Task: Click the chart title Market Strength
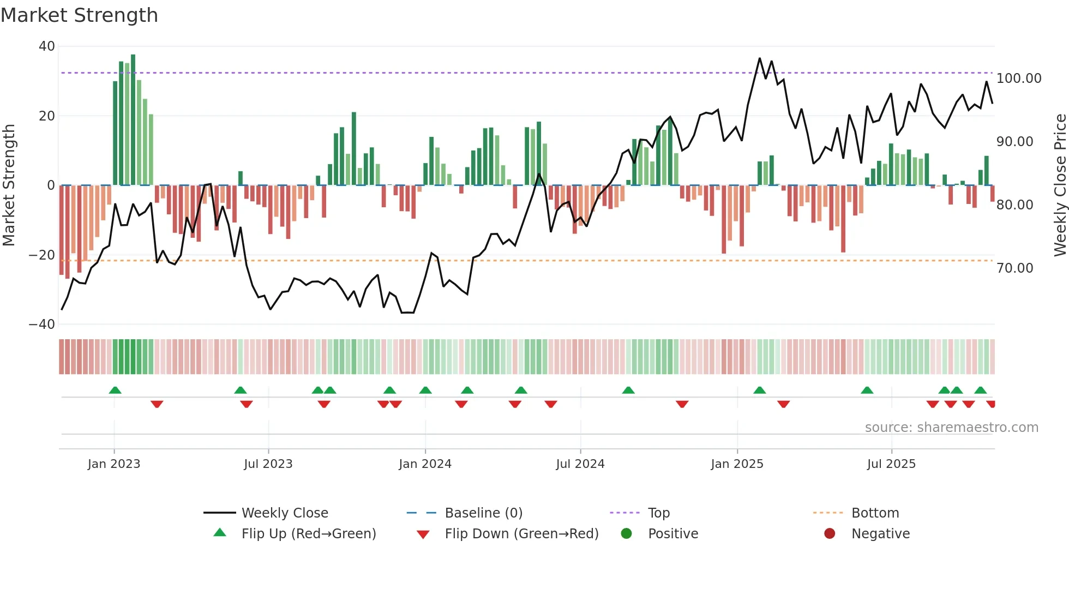pos(79,15)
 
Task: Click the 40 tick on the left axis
pos(46,46)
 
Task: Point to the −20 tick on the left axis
pos(41,255)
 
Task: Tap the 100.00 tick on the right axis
pos(1018,79)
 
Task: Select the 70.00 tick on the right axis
pos(1014,268)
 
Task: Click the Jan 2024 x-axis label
pos(425,464)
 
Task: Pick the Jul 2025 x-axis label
pos(891,464)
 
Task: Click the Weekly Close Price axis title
pos(1060,185)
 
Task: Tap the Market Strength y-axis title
pos(9,185)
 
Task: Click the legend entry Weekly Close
pos(285,513)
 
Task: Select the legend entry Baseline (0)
pos(483,513)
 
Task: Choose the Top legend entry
pos(658,513)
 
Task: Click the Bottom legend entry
pos(875,513)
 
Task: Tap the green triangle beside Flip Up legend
pos(220,533)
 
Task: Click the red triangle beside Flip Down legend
pos(423,534)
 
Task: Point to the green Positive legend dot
pos(626,534)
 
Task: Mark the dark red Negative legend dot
pos(830,534)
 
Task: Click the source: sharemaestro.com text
pos(951,428)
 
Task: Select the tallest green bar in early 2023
pos(133,120)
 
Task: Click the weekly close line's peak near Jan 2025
pos(759,58)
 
